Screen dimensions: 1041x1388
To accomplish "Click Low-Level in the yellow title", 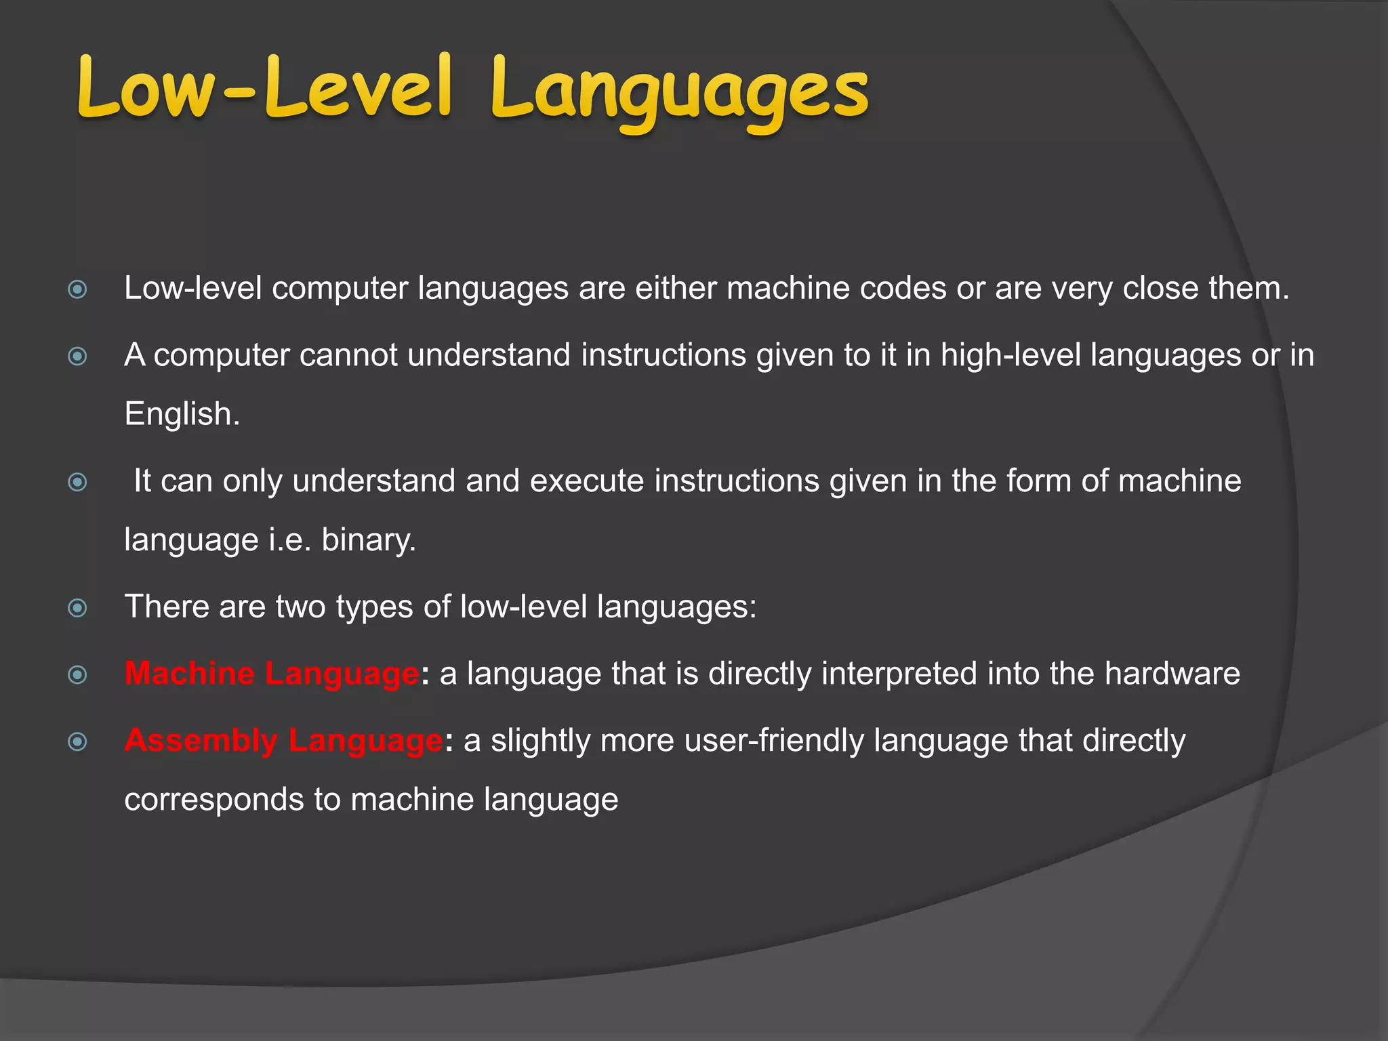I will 264,88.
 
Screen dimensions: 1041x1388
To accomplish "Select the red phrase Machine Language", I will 272,674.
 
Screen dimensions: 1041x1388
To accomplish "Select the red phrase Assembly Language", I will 283,740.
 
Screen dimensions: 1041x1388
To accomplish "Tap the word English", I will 181,414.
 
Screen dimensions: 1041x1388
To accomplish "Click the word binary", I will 368,540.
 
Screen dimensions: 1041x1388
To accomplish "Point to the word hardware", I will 1172,674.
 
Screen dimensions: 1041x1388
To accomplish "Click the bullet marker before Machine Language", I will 78,675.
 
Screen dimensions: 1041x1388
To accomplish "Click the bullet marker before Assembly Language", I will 78,741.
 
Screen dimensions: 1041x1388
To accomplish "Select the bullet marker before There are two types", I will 78,608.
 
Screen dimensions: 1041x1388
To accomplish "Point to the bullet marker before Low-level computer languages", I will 78,290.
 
